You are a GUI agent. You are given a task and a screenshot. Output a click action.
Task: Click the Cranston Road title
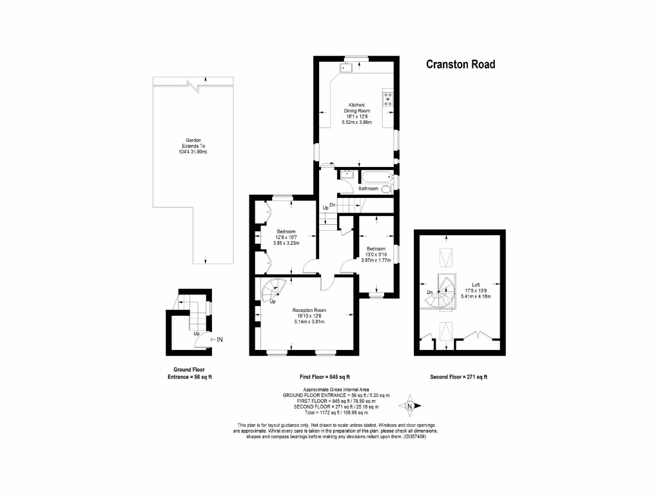tap(460, 64)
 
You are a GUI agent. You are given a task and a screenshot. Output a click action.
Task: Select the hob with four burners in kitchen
tap(388, 99)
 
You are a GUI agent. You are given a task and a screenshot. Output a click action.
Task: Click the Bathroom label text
tap(369, 189)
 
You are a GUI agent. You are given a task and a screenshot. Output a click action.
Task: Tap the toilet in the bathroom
tap(385, 189)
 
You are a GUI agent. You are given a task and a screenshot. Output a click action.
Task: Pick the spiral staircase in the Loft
tap(445, 291)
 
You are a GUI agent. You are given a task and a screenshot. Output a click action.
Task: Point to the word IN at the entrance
tap(219, 339)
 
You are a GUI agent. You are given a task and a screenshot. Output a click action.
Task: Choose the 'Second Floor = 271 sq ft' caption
tap(459, 377)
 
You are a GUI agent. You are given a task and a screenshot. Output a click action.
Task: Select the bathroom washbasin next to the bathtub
tap(345, 175)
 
